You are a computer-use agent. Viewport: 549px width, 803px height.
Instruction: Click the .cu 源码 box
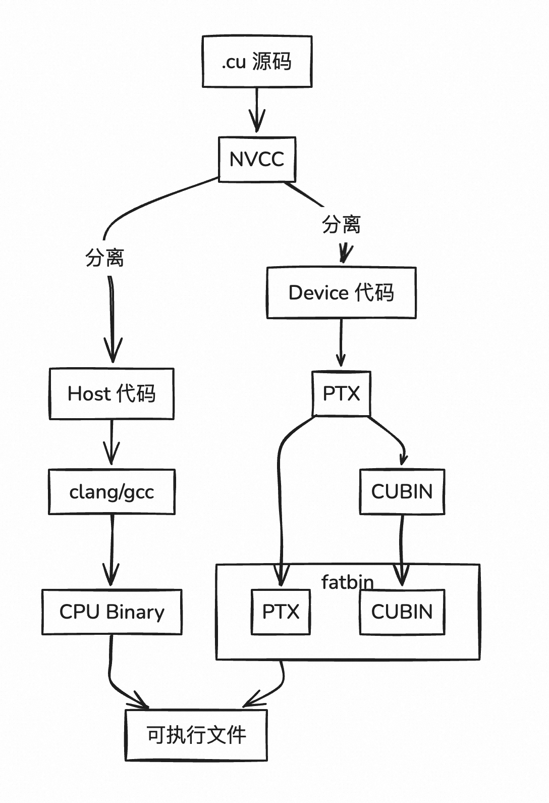click(x=257, y=62)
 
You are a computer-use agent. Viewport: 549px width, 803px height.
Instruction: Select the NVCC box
click(x=257, y=159)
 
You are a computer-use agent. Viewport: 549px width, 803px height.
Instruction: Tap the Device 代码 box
click(x=341, y=293)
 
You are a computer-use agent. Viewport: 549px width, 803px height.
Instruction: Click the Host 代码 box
click(x=112, y=394)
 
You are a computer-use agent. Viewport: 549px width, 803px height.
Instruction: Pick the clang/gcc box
click(x=112, y=492)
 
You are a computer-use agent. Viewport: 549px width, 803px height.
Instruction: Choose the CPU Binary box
click(x=112, y=612)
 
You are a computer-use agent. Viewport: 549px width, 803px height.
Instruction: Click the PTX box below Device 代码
click(x=341, y=393)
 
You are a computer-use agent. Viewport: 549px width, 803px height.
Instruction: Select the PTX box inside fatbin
click(x=281, y=612)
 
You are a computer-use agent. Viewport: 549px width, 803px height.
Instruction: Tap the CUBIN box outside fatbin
click(x=402, y=492)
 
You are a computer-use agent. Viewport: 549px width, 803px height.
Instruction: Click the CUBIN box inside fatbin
click(x=402, y=612)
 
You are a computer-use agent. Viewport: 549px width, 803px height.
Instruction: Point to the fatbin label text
click(x=347, y=582)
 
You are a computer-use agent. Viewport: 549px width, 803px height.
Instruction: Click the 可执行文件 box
click(x=196, y=735)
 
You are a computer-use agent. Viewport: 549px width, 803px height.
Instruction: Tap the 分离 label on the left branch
click(x=104, y=258)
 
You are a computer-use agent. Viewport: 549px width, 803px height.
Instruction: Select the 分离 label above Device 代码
click(x=341, y=224)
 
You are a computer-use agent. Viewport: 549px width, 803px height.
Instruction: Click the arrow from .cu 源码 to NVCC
click(x=257, y=111)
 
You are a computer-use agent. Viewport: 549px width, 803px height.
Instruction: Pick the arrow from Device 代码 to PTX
click(x=341, y=343)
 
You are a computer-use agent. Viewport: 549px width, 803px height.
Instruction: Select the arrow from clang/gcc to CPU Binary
click(x=112, y=550)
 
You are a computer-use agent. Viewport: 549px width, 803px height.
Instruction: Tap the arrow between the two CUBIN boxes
click(x=402, y=550)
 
